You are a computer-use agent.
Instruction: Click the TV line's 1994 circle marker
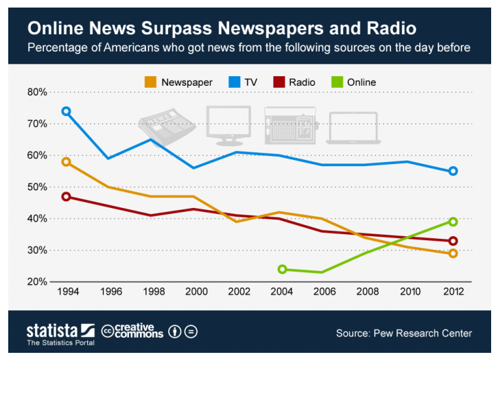66,111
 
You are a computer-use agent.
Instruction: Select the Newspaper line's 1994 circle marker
66,162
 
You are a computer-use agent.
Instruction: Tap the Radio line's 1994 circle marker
66,196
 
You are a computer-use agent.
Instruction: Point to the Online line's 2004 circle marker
282,269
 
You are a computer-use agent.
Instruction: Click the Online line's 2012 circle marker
453,222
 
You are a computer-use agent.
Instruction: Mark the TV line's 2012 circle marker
453,171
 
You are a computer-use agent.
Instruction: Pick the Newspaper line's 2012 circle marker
453,253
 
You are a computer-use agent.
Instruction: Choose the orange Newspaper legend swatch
150,82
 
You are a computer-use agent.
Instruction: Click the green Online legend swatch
336,82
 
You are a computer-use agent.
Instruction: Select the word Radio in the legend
302,82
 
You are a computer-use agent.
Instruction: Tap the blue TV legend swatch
233,82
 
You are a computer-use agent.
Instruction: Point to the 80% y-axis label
37,92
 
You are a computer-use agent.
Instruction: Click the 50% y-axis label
37,187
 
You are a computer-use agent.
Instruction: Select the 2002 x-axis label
239,292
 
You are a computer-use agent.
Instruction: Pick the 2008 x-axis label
368,292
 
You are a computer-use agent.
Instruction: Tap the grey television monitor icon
228,126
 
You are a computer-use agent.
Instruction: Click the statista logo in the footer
60,332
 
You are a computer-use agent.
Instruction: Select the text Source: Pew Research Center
403,333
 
